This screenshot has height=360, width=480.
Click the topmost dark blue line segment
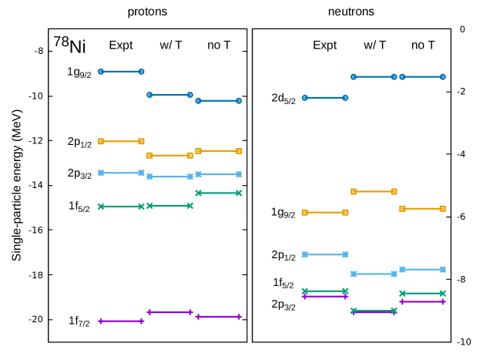pos(121,71)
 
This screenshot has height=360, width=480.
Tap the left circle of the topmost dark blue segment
pos(101,71)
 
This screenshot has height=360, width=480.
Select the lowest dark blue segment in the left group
pos(218,100)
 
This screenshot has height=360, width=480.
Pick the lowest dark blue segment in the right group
pos(324,97)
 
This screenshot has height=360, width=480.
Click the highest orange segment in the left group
pos(121,141)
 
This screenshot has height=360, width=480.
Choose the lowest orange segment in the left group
pos(170,155)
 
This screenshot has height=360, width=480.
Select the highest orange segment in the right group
pos(373,191)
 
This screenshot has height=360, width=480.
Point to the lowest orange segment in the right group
pos(324,212)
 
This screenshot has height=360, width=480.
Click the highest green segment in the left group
pos(218,193)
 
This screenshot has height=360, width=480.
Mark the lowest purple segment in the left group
pos(121,321)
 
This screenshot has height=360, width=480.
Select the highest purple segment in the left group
pos(170,312)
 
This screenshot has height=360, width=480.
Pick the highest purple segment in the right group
pos(324,296)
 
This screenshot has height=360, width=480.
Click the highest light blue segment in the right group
pos(324,254)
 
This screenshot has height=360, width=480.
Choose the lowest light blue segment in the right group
pos(373,274)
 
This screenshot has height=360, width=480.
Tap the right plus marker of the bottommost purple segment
pos(141,321)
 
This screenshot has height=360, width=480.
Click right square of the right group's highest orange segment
pos(394,191)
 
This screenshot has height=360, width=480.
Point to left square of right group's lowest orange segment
pos(304,212)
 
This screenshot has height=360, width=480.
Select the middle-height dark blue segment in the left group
pos(170,95)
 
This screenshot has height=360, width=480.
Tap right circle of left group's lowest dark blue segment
pos(239,100)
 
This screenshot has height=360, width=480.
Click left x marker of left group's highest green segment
pos(198,193)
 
